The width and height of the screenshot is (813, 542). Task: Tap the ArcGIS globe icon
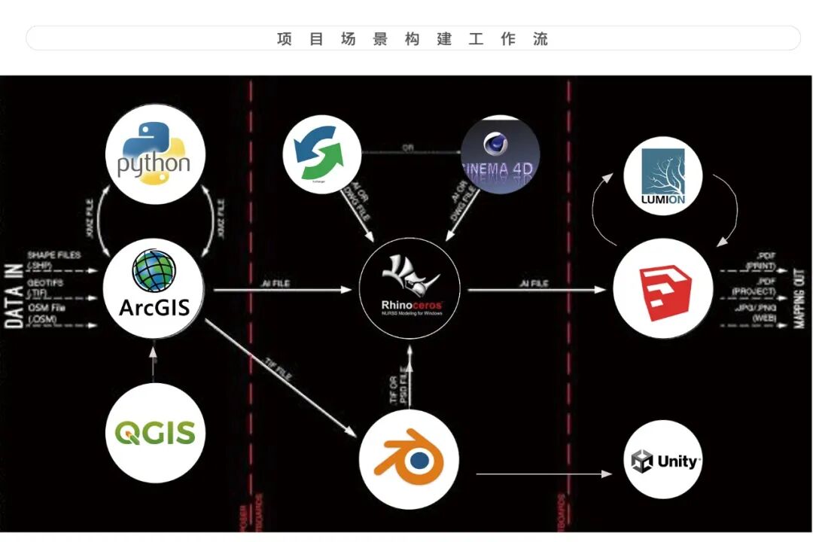pos(154,272)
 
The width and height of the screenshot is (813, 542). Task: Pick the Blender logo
pos(409,458)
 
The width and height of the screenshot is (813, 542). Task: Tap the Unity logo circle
pos(663,460)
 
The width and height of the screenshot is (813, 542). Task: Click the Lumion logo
pos(662,176)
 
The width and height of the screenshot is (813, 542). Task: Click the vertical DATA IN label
pos(14,290)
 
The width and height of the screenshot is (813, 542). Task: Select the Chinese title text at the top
pos(413,38)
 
